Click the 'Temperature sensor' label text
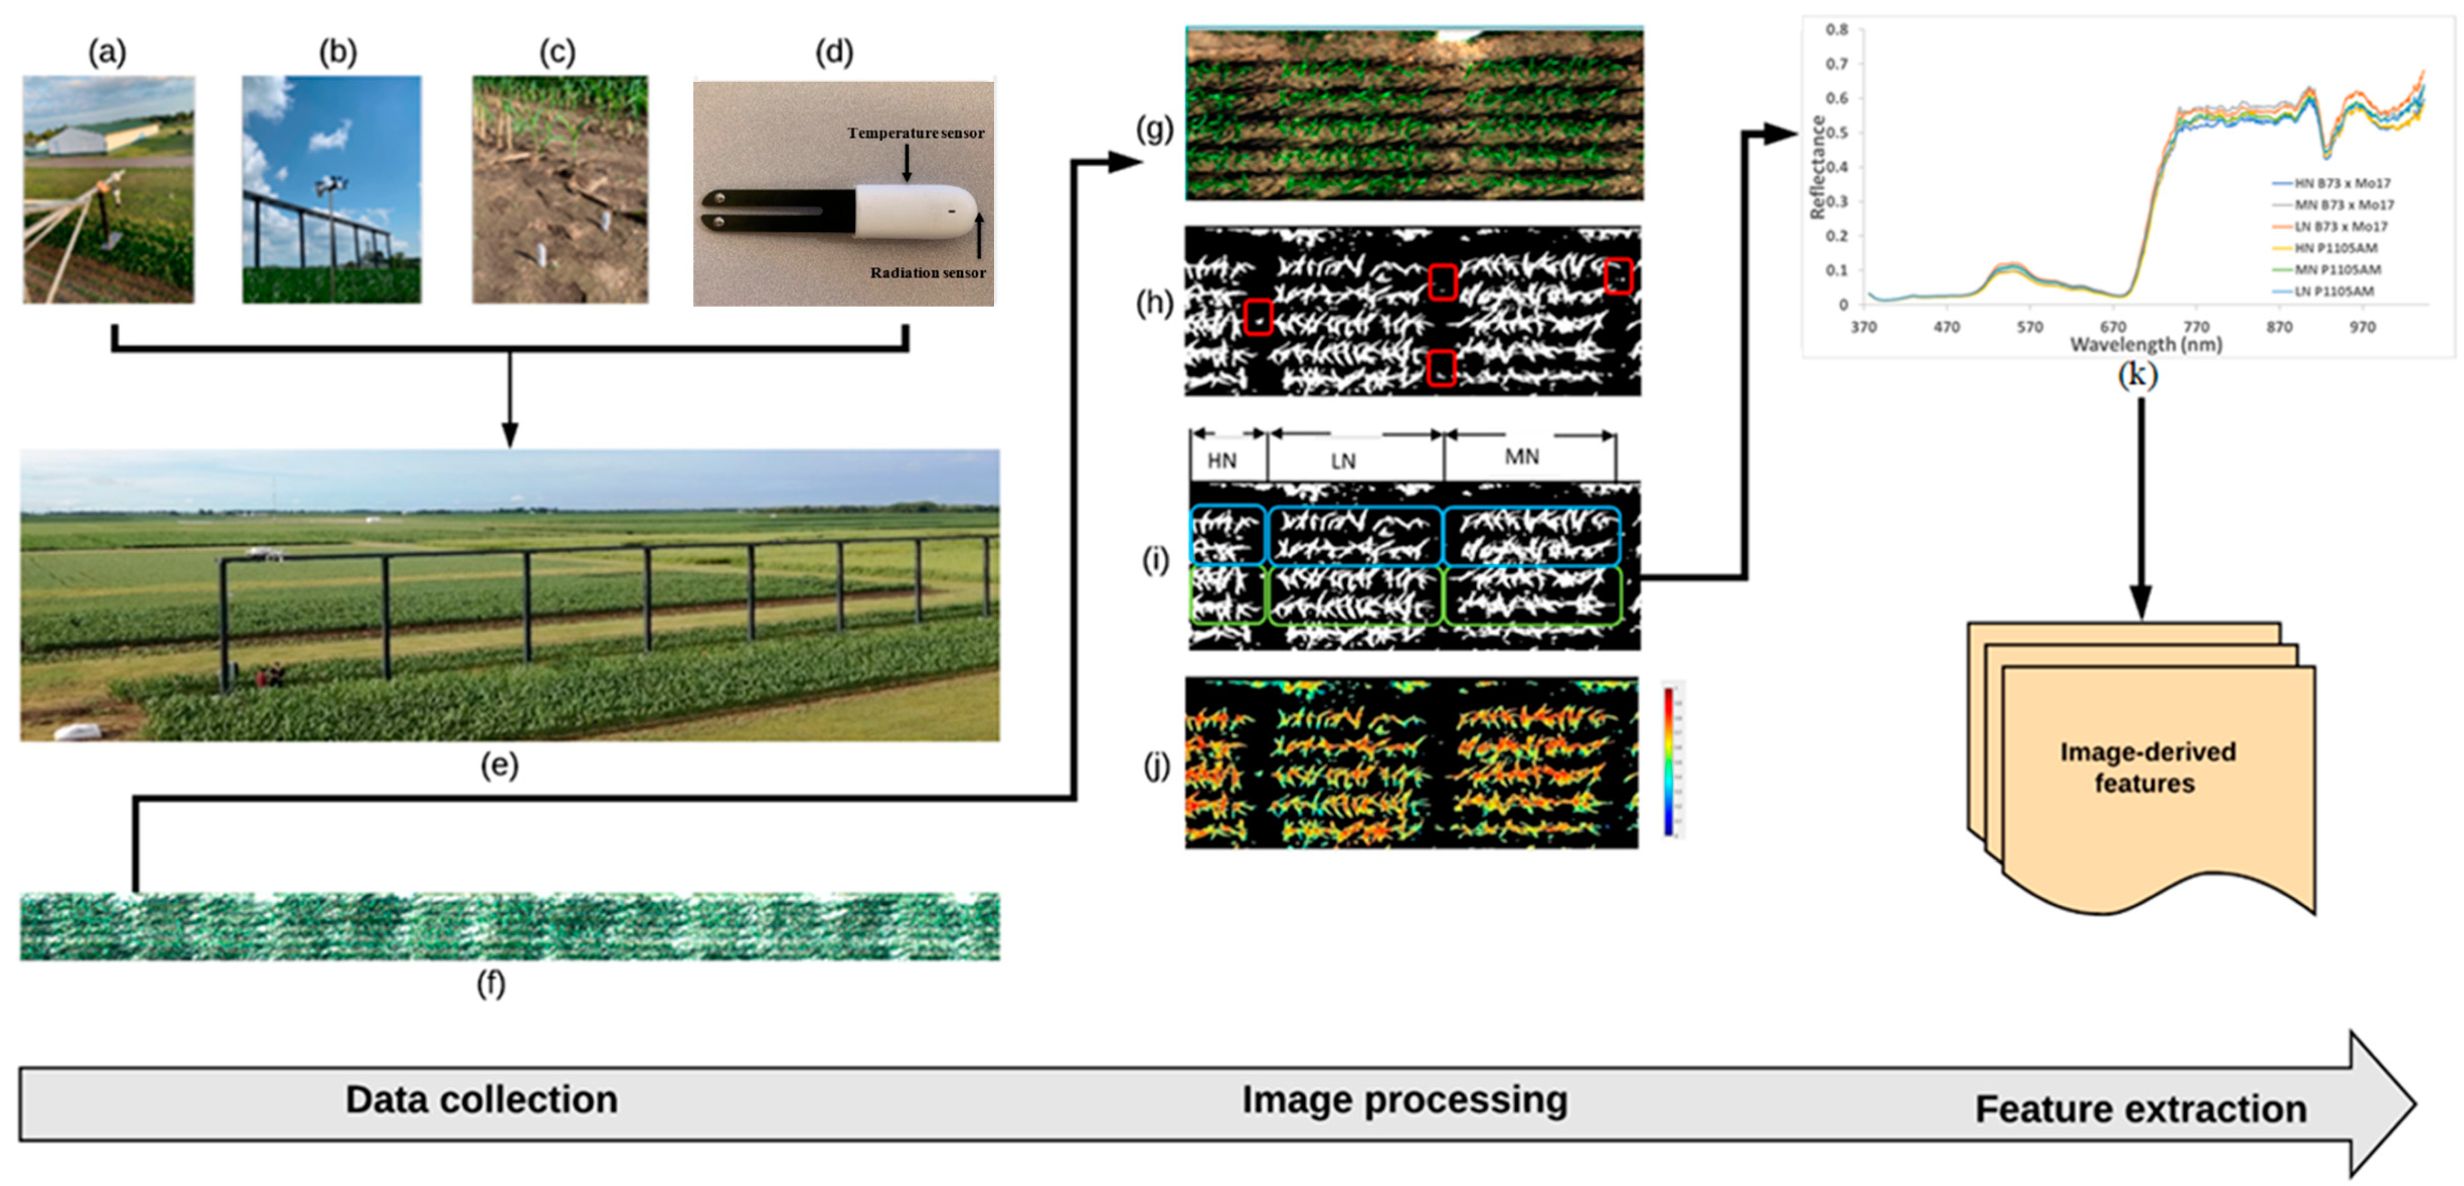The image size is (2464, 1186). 915,133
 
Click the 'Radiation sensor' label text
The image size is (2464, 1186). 927,273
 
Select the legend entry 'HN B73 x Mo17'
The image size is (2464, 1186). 2342,183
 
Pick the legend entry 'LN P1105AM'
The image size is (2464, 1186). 2334,291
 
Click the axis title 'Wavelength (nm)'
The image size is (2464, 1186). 2145,344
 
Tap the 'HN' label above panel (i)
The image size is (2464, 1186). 1222,461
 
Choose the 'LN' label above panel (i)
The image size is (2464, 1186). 1343,461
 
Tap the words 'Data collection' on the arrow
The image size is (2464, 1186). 481,1100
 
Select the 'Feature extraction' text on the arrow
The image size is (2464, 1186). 2141,1109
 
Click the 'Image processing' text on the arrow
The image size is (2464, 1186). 1404,1100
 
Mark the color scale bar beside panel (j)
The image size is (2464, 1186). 1669,760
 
